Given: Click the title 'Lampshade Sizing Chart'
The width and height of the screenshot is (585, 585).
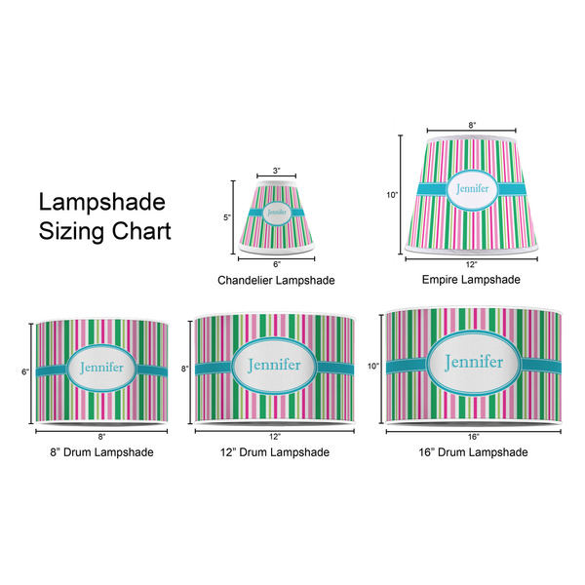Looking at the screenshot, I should point(104,217).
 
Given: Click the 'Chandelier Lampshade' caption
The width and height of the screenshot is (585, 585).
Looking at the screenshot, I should point(276,280).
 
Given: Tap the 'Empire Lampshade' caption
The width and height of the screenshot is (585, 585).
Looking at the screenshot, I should point(471,279).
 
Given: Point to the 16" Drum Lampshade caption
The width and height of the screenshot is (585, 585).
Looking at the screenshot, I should point(472,452).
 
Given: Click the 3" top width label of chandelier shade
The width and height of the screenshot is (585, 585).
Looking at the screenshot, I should point(276,171).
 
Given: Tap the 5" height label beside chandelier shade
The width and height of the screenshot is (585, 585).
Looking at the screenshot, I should point(226,217).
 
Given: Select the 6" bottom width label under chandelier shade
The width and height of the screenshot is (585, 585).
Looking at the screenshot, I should point(276,264).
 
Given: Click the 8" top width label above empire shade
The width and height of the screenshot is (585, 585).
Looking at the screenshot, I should point(472,125).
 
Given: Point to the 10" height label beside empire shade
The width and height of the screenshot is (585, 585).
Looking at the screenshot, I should point(392,195).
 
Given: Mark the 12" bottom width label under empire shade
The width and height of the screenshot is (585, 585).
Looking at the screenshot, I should point(472,264).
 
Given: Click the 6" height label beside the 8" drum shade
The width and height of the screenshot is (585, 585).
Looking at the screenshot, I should point(27,371).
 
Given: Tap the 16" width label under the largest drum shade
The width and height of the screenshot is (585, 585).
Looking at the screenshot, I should point(473,436).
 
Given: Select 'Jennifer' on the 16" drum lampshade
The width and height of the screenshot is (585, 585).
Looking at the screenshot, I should point(472,363).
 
